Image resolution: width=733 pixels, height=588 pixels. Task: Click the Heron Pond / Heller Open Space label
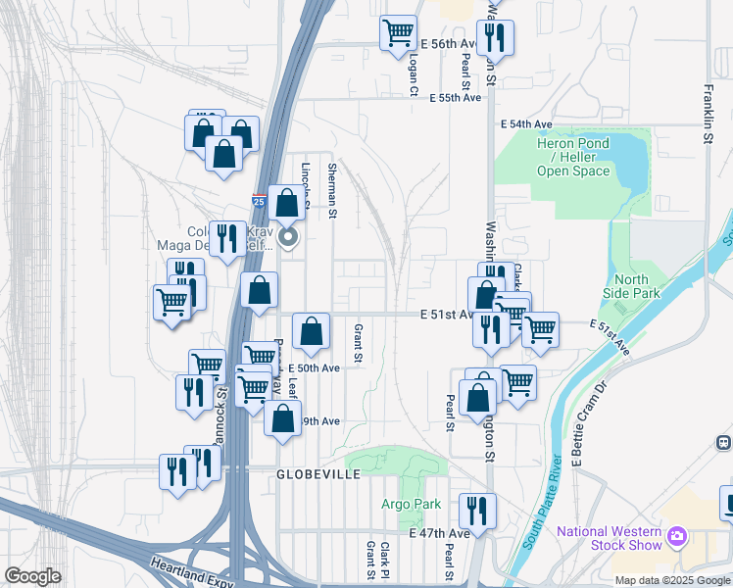click(572, 157)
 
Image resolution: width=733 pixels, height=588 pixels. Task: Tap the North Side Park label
click(633, 285)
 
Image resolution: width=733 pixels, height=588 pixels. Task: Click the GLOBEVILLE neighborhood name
click(319, 474)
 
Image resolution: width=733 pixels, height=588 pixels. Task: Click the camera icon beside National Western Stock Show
click(676, 536)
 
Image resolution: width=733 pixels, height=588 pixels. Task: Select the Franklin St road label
click(708, 113)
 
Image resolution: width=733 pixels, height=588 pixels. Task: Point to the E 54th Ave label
click(526, 124)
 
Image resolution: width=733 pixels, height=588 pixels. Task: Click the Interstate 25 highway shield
click(259, 201)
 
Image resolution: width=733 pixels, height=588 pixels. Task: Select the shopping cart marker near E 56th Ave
click(399, 33)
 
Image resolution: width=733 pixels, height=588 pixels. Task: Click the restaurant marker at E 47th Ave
click(477, 510)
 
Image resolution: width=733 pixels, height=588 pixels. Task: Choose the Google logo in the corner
click(32, 576)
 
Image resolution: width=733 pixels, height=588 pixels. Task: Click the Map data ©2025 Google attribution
click(672, 580)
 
